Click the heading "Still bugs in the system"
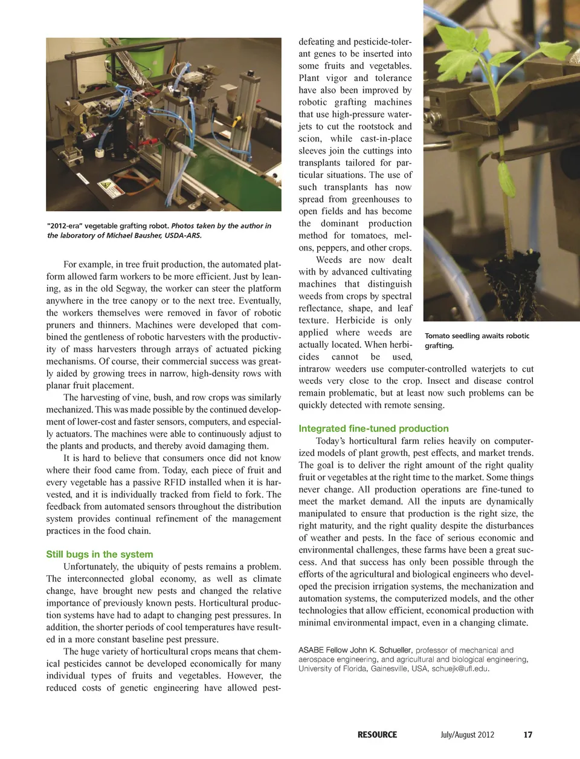coord(99,554)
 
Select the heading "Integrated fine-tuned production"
coord(373,428)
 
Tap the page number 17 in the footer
coord(527,735)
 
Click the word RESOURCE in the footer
coord(377,735)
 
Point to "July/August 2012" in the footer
coord(467,735)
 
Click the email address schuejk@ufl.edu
coord(460,668)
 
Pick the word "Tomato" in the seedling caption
coord(437,336)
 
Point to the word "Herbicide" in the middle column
coord(353,321)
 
